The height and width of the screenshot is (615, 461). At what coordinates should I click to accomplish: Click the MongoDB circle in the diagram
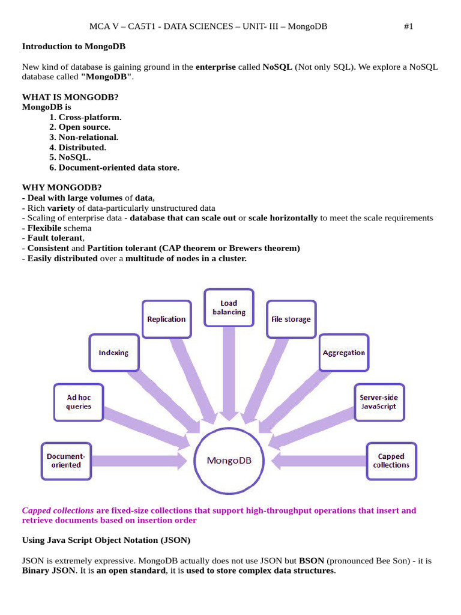229,461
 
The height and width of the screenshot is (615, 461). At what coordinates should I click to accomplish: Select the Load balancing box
229,308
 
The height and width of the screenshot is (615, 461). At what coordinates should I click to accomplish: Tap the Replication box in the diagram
166,320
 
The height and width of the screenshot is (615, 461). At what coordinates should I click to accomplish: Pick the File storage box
291,320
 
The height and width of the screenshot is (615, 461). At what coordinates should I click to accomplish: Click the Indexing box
113,353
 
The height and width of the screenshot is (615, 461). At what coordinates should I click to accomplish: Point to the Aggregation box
343,353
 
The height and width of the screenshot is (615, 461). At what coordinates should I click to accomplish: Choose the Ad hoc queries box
79,402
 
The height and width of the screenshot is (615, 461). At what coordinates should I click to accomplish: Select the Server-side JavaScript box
378,402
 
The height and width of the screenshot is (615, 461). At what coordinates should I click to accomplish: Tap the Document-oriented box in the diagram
66,461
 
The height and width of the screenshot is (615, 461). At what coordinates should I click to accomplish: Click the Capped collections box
391,461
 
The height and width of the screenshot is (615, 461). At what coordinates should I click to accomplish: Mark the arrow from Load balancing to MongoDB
229,372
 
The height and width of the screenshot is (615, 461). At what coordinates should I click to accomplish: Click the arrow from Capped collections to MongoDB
318,461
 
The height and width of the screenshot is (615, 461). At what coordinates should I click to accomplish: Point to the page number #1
408,26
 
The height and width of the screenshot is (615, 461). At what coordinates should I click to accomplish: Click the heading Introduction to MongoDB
74,46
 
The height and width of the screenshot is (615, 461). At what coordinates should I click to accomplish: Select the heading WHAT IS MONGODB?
70,97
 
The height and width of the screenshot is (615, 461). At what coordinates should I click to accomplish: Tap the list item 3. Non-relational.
84,137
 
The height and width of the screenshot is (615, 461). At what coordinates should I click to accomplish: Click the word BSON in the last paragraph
312,560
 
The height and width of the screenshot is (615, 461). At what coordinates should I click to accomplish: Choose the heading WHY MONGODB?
62,187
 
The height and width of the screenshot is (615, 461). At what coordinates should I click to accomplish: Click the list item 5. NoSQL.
70,157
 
